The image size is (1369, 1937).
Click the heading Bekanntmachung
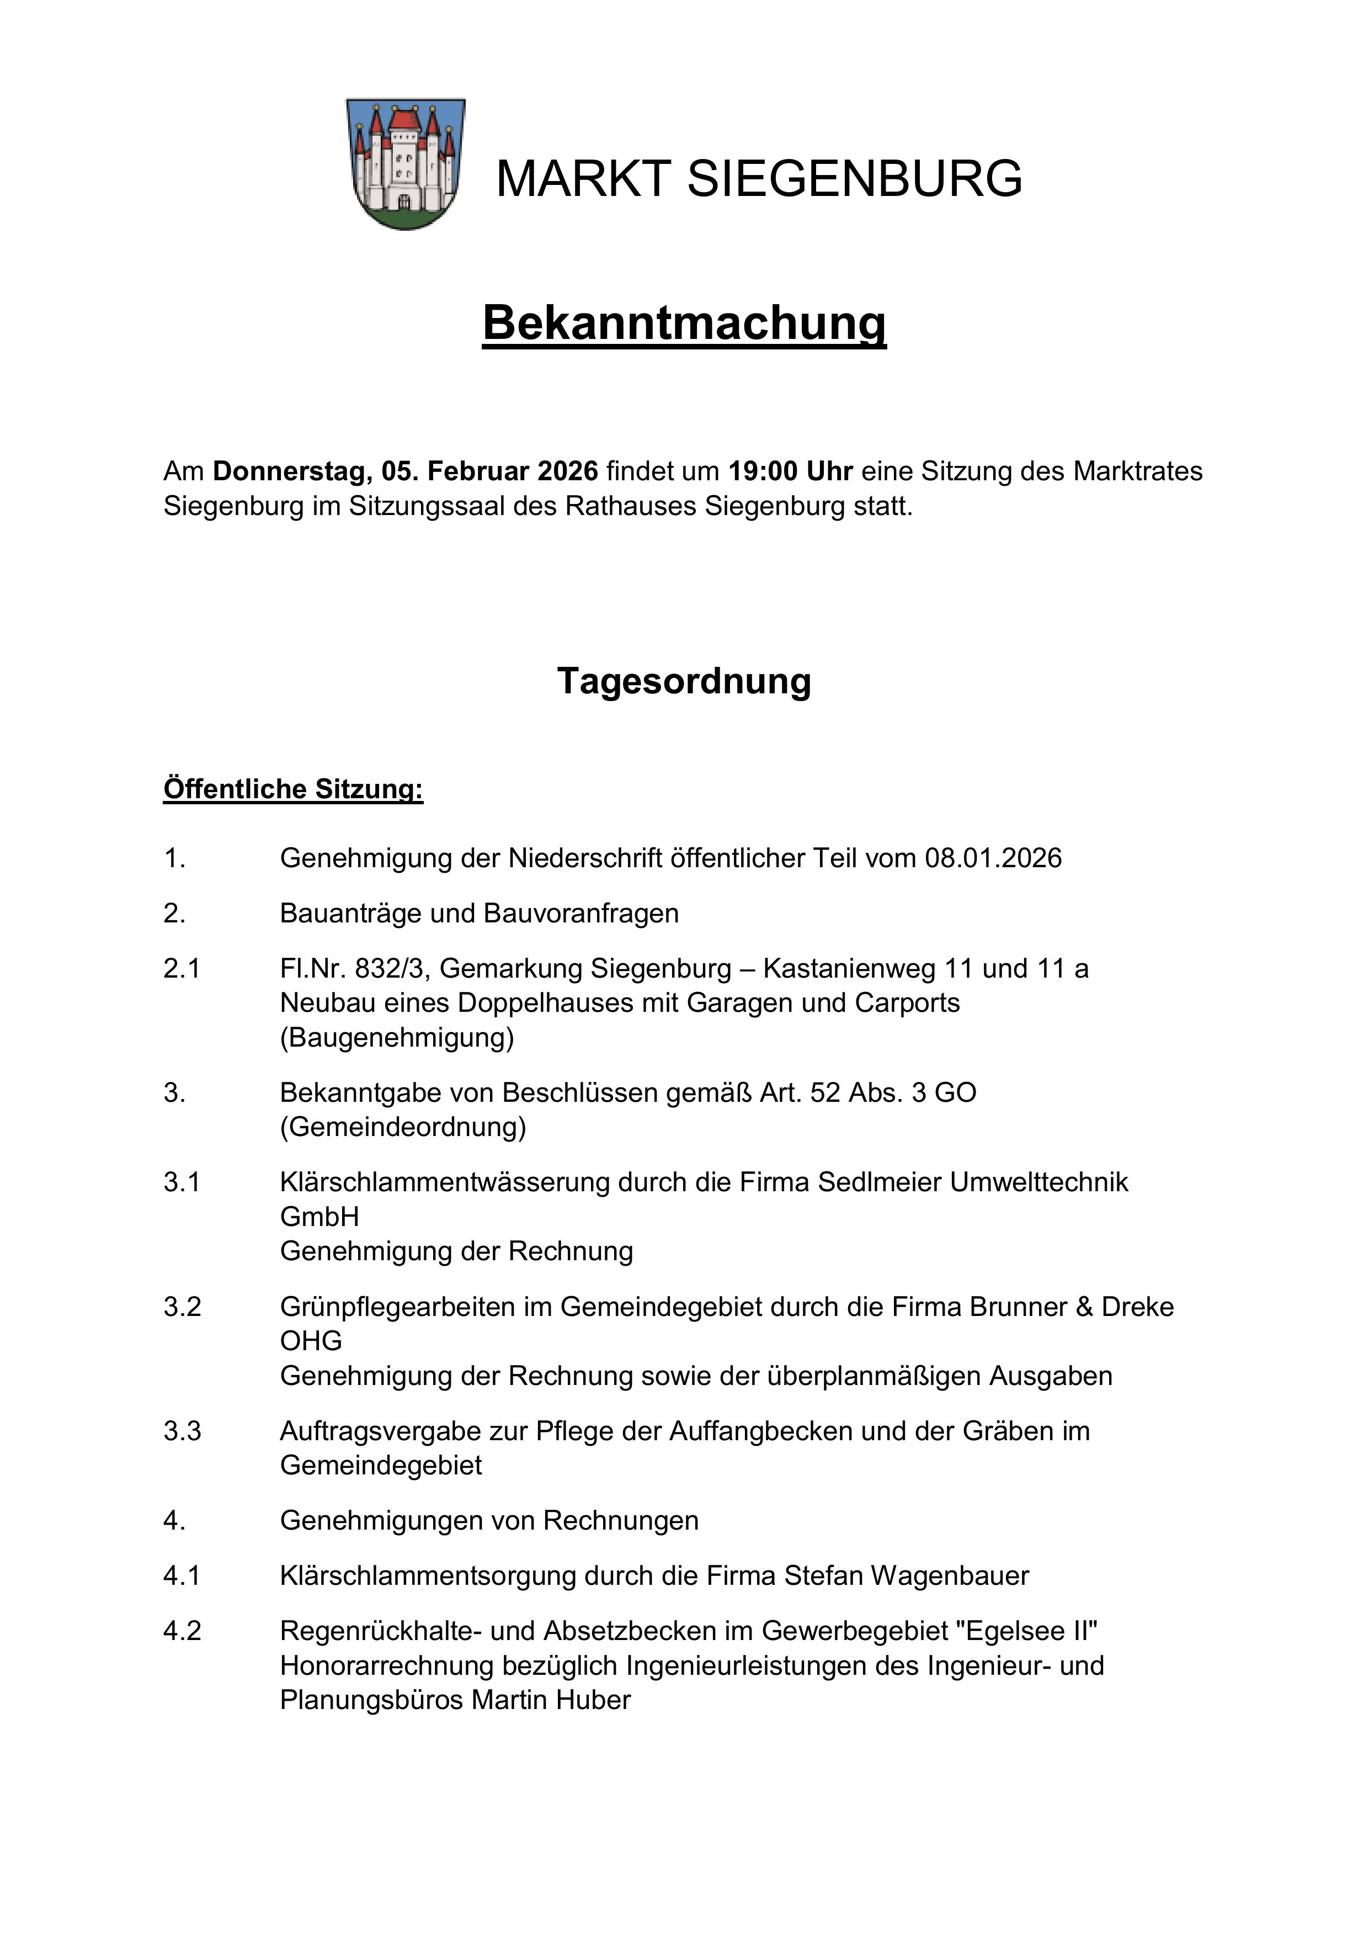(684, 323)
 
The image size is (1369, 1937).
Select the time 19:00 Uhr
(790, 471)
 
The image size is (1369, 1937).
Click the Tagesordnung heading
(684, 681)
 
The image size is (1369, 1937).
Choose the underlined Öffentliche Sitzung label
(292, 789)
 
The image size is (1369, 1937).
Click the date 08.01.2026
(993, 858)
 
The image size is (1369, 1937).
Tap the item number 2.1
(182, 968)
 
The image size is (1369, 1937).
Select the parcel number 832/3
(393, 968)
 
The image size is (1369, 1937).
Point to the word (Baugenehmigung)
(396, 1037)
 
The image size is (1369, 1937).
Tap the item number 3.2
(182, 1307)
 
